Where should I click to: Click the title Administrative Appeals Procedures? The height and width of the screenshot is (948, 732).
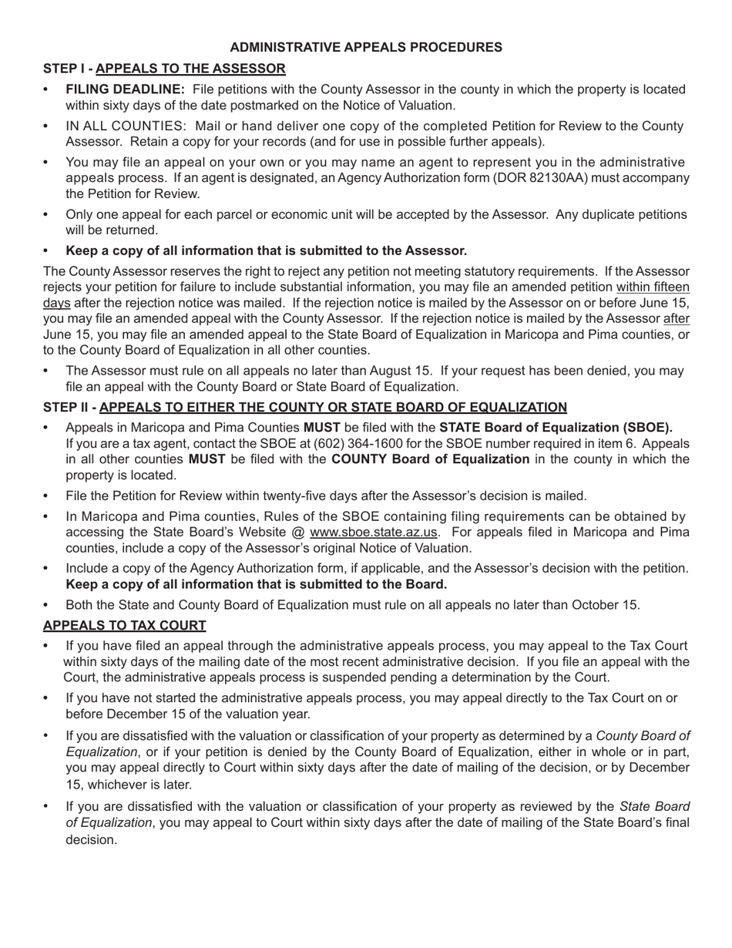pos(366,48)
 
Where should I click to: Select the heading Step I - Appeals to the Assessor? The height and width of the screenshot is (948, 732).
pos(164,69)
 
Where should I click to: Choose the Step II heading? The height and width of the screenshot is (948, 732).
pos(305,407)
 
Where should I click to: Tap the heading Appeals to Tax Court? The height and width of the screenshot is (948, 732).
pos(124,625)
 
